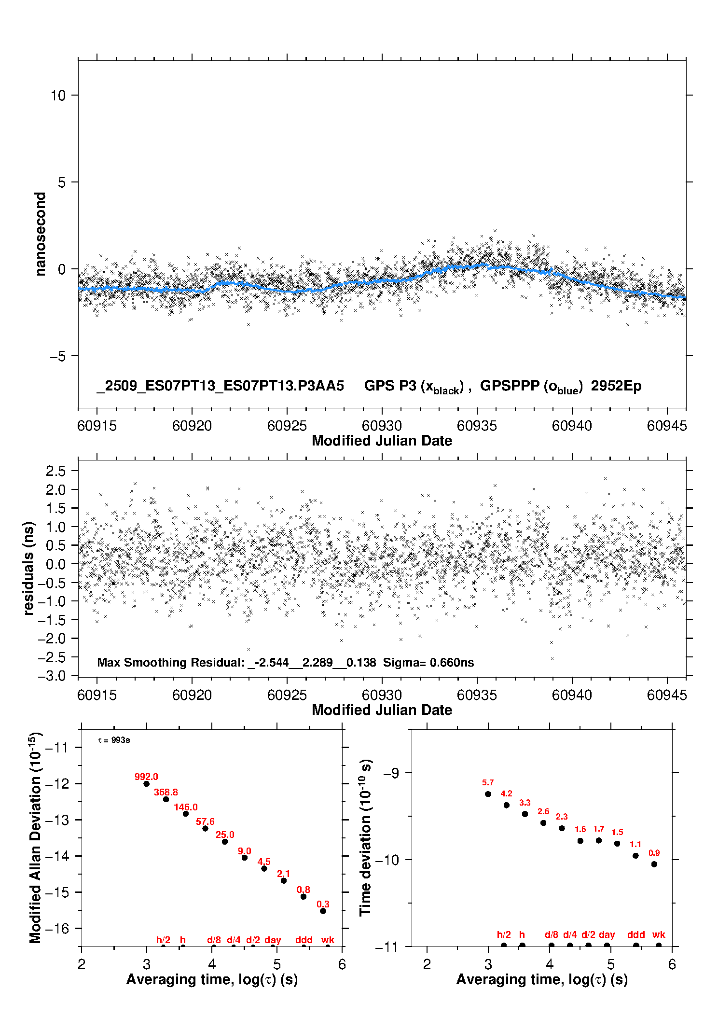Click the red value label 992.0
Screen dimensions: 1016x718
146,777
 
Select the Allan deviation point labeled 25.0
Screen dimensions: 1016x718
225,842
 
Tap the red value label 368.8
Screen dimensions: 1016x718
166,792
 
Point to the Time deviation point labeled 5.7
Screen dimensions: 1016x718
488,794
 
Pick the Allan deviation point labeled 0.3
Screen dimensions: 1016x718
323,911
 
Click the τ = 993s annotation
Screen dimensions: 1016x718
114,740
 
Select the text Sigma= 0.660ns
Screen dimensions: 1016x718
428,662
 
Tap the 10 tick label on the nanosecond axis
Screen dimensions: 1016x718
58,96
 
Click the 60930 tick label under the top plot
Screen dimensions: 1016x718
382,426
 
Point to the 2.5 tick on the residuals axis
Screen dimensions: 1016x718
55,471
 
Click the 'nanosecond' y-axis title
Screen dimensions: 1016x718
41,234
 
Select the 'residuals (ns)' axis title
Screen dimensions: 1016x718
29,568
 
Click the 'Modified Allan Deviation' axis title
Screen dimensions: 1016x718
35,837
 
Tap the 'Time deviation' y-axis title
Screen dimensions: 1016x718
365,837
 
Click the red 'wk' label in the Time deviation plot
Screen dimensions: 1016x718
659,934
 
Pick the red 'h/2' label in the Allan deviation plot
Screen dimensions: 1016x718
163,940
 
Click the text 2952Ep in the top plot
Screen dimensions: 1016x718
616,386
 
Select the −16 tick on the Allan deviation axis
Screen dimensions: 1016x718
57,929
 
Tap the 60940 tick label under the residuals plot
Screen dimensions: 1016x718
572,695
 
